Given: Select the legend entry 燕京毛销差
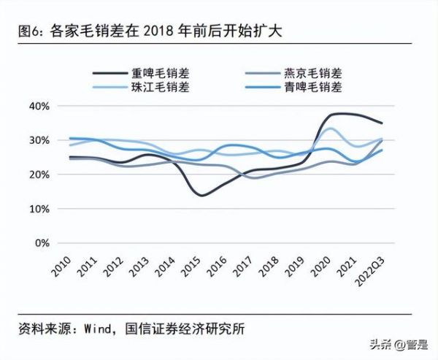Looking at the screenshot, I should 312,73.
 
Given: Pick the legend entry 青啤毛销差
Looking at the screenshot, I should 312,88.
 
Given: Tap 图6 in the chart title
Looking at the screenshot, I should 28,32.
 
